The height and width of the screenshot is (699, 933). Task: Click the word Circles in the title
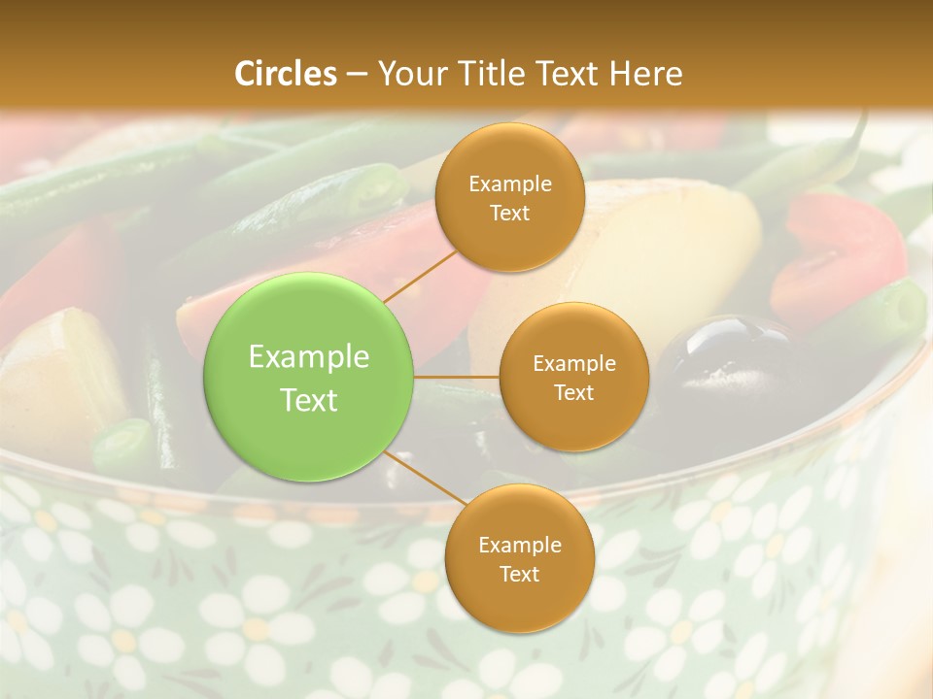point(286,74)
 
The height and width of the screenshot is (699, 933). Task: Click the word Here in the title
point(645,74)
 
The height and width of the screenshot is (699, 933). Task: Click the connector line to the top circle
point(421,274)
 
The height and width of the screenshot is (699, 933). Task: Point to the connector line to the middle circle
point(457,376)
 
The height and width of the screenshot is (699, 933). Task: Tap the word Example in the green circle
point(309,357)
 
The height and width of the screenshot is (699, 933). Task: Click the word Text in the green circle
point(309,400)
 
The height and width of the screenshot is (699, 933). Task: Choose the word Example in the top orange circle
point(510,184)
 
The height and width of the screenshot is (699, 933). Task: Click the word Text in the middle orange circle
point(573,392)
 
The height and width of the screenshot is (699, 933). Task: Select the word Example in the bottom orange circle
point(519,546)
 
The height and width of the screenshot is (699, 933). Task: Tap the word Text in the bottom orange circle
point(519,574)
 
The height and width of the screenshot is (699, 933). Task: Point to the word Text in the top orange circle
point(510,213)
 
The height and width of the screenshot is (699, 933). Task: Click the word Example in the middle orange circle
point(573,364)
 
